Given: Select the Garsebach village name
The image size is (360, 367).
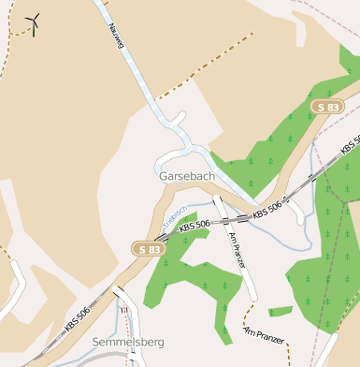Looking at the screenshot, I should [187, 176].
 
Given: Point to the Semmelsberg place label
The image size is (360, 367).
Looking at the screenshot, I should [128, 343].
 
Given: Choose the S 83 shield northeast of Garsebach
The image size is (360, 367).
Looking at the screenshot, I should [326, 108].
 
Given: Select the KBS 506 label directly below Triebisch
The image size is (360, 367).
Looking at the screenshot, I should [195, 226].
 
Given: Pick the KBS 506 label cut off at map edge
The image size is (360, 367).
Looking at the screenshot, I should [350, 145].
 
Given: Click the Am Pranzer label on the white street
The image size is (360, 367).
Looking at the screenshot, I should [235, 250].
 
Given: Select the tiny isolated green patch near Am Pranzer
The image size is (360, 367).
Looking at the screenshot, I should [280, 311].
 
